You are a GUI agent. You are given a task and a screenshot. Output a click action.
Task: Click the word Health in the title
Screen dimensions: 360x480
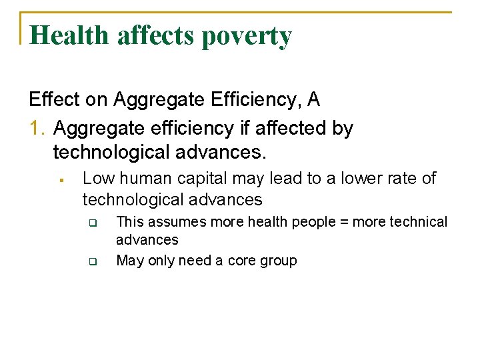pos(70,35)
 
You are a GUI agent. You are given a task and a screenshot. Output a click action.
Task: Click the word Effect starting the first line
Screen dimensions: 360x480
pos(55,100)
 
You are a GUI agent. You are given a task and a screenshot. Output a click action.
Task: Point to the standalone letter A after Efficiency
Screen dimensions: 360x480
pos(313,100)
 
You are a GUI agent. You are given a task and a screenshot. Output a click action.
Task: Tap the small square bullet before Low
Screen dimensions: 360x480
pos(60,179)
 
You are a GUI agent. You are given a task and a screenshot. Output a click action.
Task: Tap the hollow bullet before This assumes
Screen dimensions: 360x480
pos(93,222)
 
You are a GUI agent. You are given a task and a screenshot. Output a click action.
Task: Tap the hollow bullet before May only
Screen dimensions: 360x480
pos(93,261)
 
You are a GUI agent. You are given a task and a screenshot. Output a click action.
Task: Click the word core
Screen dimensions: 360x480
pos(242,261)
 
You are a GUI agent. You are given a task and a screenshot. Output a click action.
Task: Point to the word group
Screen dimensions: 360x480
pos(278,261)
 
